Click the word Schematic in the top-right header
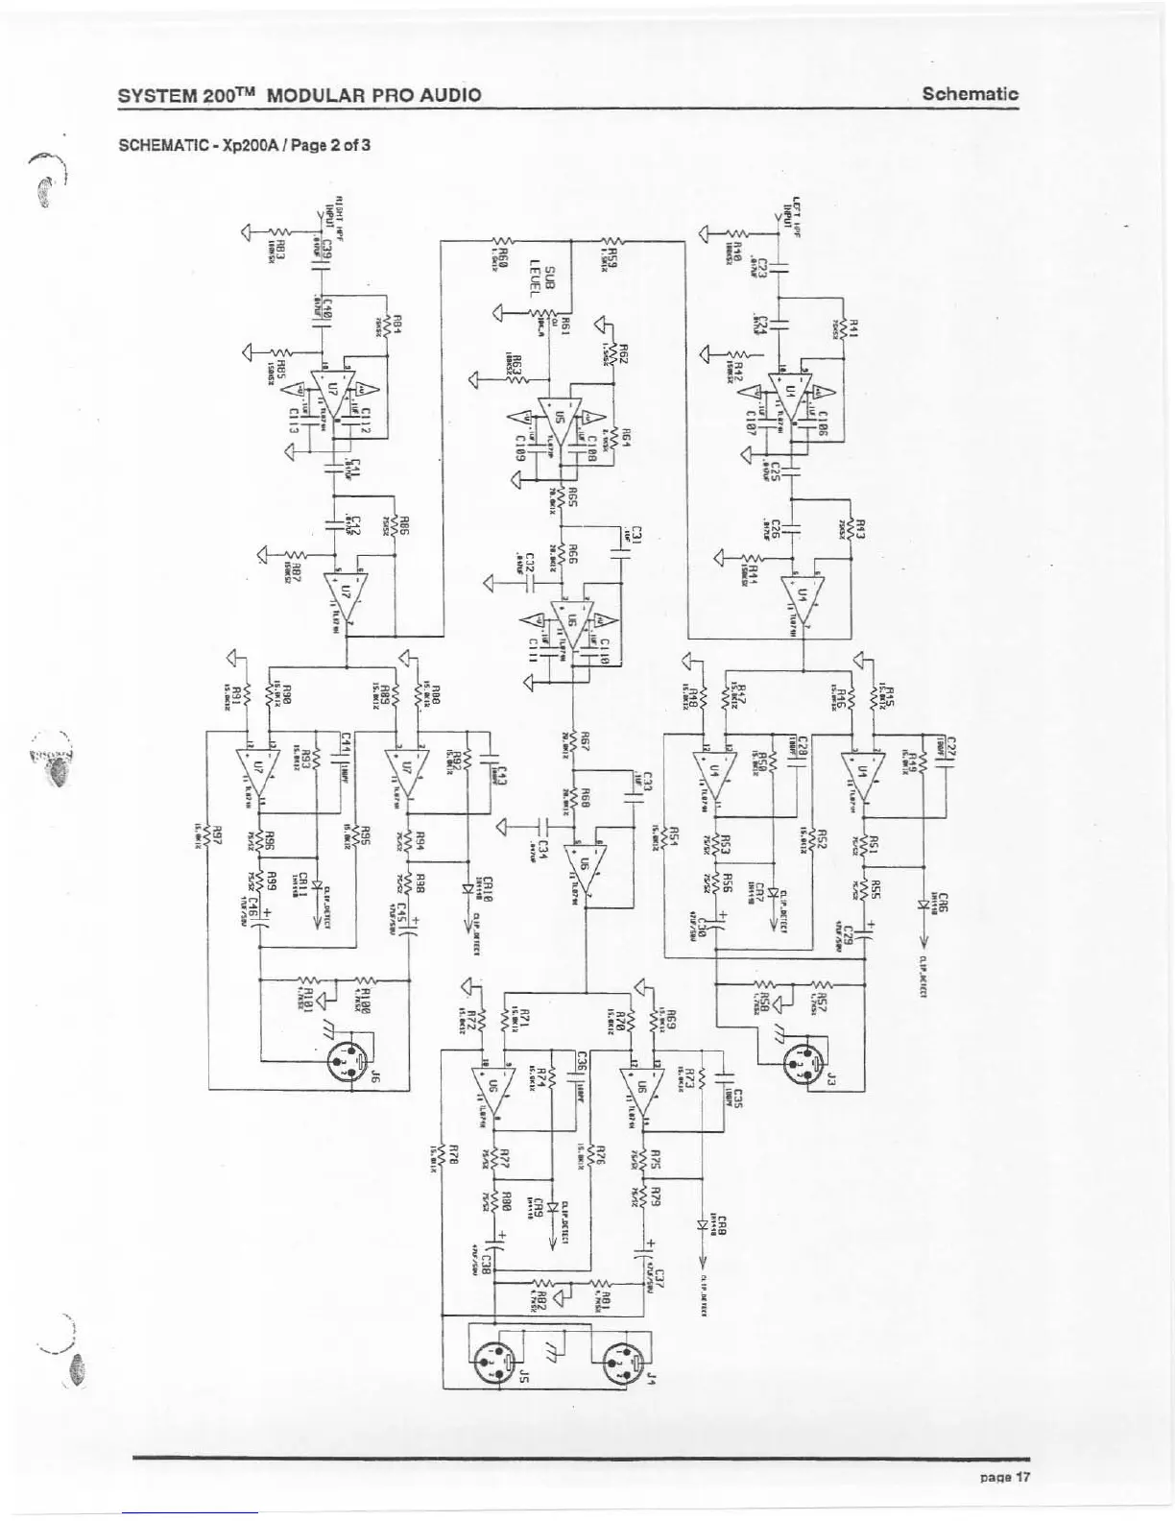(x=970, y=94)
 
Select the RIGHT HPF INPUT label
(x=332, y=223)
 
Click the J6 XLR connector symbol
(x=348, y=1060)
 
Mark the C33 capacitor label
(x=648, y=782)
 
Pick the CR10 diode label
(x=488, y=888)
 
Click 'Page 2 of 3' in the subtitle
(x=324, y=146)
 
